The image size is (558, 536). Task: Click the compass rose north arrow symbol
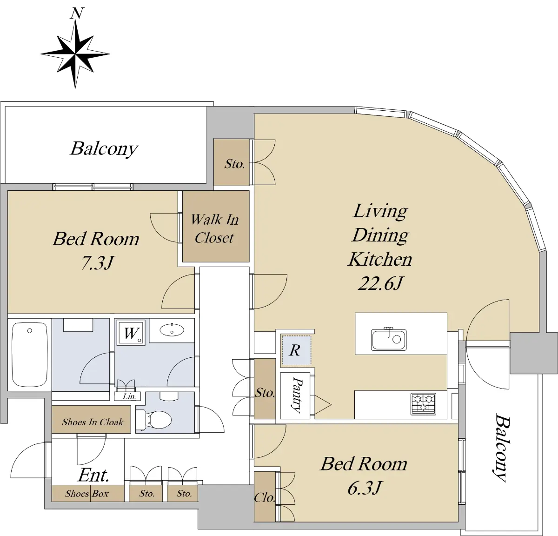(75, 54)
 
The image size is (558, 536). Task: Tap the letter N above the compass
(77, 13)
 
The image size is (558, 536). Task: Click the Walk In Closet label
(215, 229)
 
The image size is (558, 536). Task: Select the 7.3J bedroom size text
(98, 262)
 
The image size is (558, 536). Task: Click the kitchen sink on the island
(389, 339)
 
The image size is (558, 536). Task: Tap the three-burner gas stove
(423, 404)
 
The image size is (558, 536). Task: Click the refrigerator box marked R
(296, 350)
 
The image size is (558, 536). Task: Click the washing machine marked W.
(131, 333)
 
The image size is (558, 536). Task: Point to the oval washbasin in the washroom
(172, 330)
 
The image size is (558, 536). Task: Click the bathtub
(30, 355)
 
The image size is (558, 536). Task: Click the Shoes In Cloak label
(93, 422)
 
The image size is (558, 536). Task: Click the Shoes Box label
(87, 494)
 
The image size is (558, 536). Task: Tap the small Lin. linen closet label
(129, 397)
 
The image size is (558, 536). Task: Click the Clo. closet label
(265, 497)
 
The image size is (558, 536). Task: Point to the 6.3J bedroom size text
(364, 488)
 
